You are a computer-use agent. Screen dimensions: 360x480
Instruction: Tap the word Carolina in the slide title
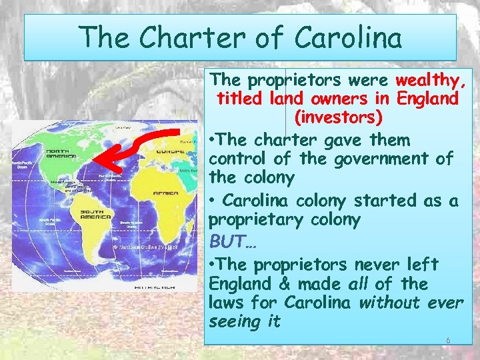(x=349, y=37)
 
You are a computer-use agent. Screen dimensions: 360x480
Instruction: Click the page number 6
(x=448, y=340)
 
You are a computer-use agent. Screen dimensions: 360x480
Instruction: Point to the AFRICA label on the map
(x=165, y=193)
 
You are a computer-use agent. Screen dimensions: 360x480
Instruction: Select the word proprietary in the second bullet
(x=251, y=220)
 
